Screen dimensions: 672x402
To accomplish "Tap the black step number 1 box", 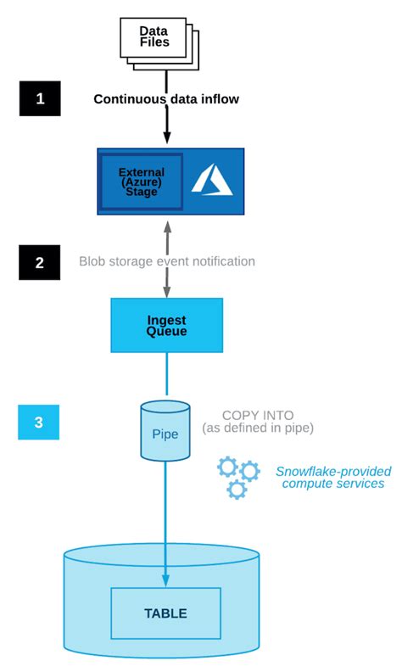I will tap(40, 98).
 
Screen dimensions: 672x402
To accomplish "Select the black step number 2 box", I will tap(40, 262).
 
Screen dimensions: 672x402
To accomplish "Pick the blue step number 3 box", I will tap(39, 422).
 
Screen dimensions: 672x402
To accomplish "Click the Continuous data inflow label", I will tap(166, 99).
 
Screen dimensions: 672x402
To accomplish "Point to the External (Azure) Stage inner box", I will tap(142, 181).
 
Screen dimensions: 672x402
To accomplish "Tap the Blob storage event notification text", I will tap(167, 261).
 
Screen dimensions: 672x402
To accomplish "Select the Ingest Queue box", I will tap(167, 325).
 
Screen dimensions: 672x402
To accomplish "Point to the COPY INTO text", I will tap(258, 416).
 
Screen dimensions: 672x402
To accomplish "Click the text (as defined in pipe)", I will tap(258, 429).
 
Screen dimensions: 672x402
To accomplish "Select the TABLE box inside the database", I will tap(166, 613).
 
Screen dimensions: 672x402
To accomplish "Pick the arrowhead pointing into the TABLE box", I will tap(166, 581).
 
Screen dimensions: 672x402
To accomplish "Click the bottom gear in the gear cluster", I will tap(237, 490).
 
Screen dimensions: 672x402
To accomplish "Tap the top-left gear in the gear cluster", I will tap(227, 466).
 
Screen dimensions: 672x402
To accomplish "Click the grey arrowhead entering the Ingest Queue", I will tap(166, 292).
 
